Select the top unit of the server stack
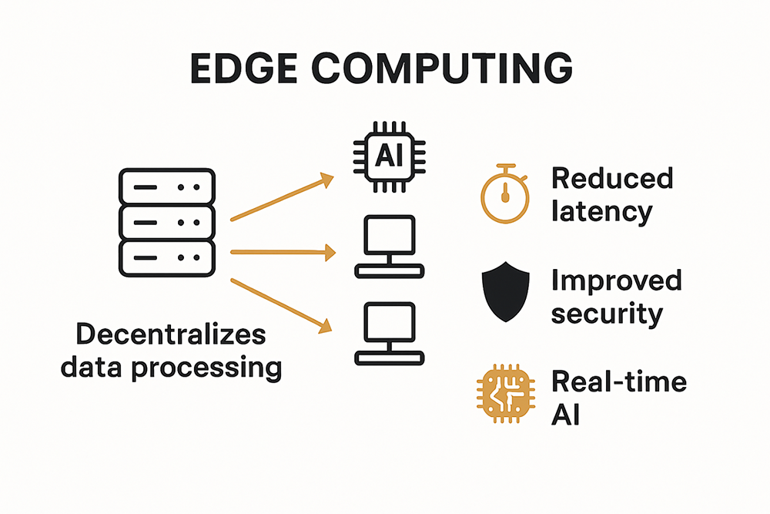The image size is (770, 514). coord(166,186)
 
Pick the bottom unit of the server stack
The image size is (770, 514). coord(166,257)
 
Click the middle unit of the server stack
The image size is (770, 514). coord(166,222)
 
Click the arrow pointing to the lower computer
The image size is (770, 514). coord(282,304)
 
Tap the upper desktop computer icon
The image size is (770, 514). coord(390,246)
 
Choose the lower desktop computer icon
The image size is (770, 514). coord(390,333)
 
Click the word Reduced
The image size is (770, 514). coord(612,179)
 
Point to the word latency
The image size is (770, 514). coord(601,210)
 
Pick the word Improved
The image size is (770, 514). coord(616,280)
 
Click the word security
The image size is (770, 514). coord(607,313)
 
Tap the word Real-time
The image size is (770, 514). coord(618,381)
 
